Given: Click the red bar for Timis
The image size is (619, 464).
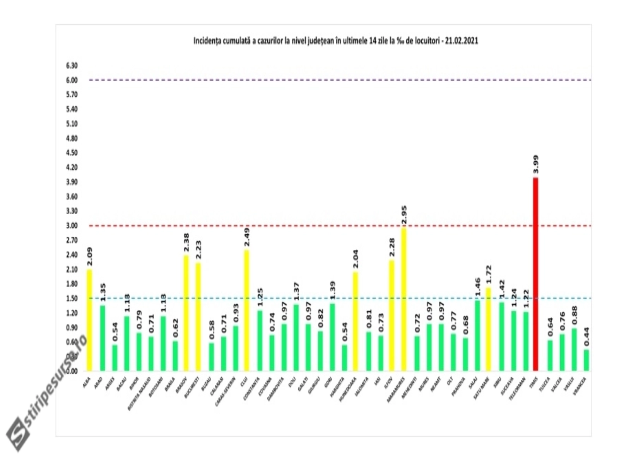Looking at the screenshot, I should [535, 275].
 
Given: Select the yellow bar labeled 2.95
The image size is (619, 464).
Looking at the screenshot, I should [404, 300].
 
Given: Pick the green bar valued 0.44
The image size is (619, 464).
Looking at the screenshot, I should [587, 360].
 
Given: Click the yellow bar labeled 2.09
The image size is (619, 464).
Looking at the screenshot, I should [89, 320].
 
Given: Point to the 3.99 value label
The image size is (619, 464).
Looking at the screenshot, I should [536, 165].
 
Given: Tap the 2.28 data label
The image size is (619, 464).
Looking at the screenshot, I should [392, 248].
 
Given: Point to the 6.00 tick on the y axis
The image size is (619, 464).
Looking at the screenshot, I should [72, 80].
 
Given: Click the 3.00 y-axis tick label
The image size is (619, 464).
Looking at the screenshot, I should [72, 226].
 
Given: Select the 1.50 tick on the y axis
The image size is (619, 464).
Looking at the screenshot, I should [72, 299].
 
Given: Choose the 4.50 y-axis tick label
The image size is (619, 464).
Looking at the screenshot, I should [72, 153].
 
